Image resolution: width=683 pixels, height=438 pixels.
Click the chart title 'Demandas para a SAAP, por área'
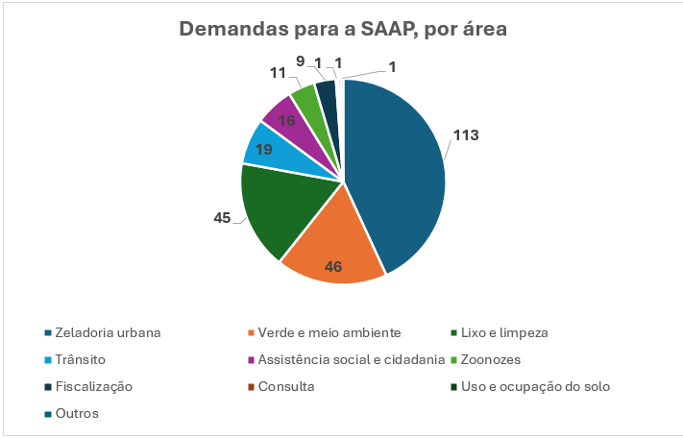click(x=343, y=29)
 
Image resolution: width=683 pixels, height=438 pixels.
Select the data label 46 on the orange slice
click(x=333, y=266)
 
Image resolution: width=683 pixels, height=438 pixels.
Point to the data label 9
click(x=302, y=61)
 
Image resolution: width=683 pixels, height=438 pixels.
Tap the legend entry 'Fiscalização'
click(x=94, y=386)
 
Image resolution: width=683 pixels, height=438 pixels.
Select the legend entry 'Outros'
click(x=78, y=413)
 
